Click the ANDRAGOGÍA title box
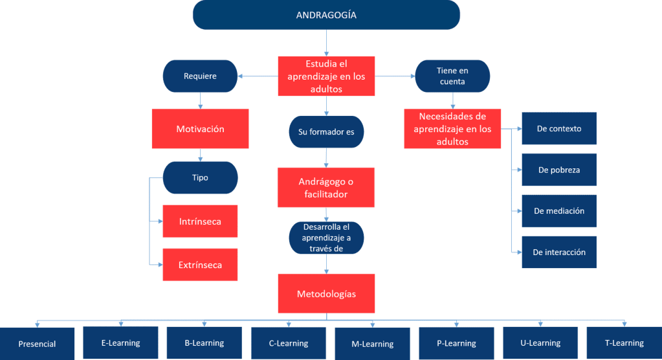326,15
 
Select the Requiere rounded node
200,76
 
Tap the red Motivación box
200,129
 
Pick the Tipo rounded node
200,177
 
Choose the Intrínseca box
200,221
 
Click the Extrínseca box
200,265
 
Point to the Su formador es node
326,132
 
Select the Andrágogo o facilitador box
326,188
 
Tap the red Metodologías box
326,293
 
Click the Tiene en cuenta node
452,76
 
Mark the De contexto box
559,128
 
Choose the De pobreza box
559,170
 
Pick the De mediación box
559,210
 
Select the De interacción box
559,252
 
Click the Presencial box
37,344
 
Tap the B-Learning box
204,343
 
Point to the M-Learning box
373,344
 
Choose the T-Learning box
624,343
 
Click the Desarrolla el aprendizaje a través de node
326,238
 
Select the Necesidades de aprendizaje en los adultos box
452,129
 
